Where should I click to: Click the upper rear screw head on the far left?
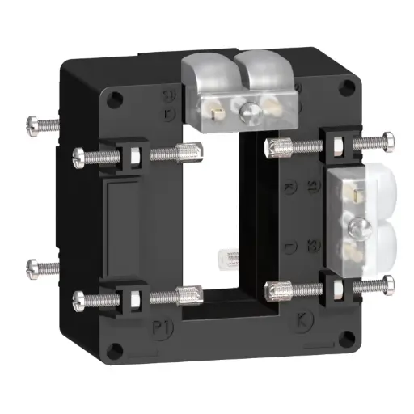32,124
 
